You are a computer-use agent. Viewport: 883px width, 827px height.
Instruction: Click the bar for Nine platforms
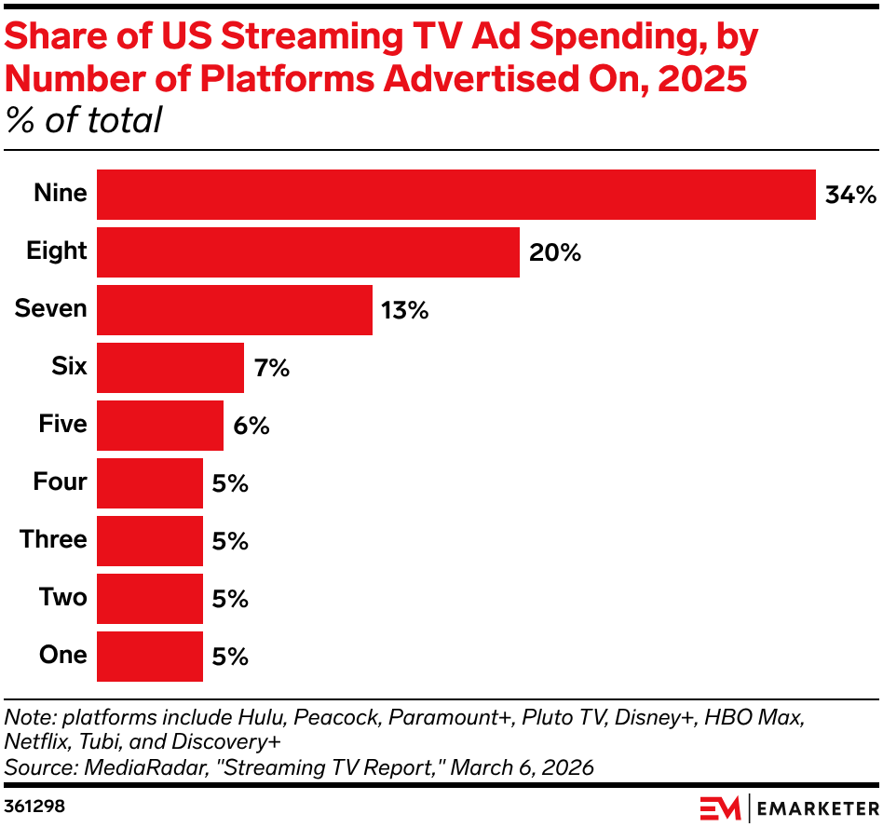pos(456,195)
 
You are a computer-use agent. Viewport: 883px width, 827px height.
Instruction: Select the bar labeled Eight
pos(308,252)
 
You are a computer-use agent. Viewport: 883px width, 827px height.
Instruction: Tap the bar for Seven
pos(235,310)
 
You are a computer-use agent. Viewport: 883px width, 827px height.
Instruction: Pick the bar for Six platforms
pos(170,368)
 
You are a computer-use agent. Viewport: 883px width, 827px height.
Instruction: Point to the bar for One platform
pos(150,657)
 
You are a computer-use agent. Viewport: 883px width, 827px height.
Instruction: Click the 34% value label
pos(850,196)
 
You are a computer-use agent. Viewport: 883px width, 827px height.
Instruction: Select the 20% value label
pos(555,253)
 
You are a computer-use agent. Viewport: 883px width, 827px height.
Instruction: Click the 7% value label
pos(271,369)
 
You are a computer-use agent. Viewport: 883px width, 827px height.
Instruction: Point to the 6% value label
pos(251,427)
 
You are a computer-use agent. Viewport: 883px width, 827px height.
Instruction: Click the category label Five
pos(62,425)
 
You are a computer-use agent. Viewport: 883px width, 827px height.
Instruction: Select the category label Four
pos(60,482)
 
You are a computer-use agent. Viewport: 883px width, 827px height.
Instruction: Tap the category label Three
pos(53,540)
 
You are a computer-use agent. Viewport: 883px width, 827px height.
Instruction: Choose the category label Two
pos(62,598)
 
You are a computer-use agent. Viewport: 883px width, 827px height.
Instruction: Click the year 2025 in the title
pos(702,80)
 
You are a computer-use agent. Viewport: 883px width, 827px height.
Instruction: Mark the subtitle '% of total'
pos(84,121)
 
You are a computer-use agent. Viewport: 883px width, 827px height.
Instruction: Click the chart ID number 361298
pos(34,804)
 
